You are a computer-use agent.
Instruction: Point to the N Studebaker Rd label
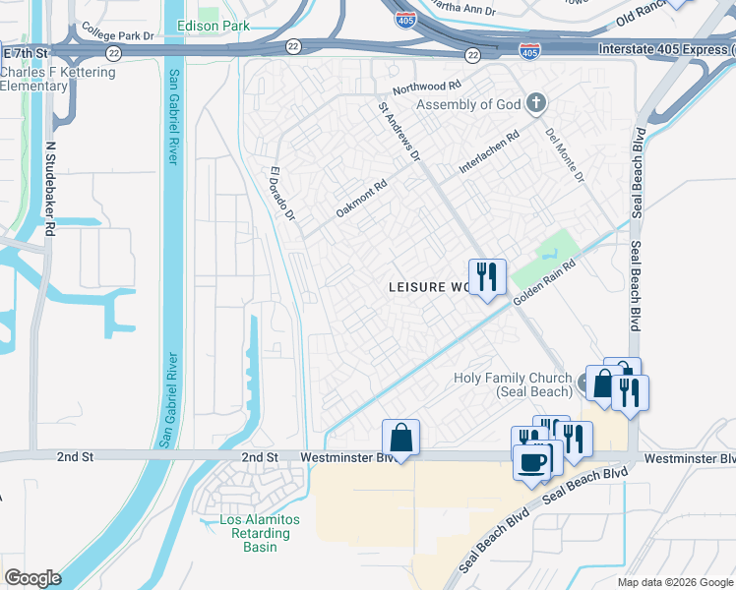(50, 188)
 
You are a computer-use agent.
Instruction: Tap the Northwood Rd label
(427, 88)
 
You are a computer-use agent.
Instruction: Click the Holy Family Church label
(512, 384)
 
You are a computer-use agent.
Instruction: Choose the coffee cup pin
(532, 461)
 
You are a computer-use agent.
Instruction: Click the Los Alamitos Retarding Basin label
(254, 533)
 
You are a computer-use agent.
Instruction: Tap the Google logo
(32, 578)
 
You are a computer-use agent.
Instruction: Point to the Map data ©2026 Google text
(675, 582)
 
